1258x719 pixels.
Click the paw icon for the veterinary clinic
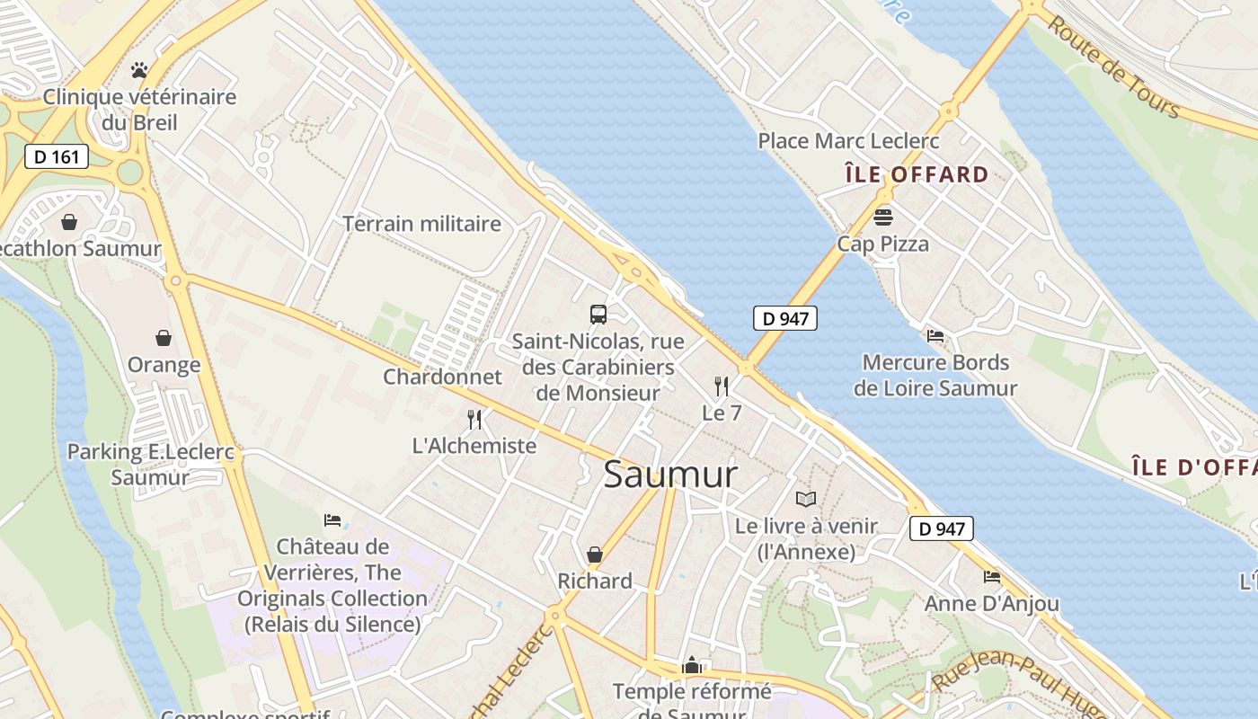coord(138,69)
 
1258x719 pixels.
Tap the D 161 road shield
coord(57,156)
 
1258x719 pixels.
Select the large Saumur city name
coord(670,475)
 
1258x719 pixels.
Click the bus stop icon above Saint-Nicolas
coord(598,314)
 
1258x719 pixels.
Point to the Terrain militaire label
coord(421,224)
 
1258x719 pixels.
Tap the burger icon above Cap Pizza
coord(882,217)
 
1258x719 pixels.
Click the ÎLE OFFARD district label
coord(917,174)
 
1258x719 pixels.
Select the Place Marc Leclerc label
coord(848,141)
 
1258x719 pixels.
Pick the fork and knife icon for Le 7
coord(722,386)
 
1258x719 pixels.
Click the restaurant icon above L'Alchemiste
coord(474,419)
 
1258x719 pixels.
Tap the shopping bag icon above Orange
coord(164,338)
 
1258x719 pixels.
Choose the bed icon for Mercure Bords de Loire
coord(935,336)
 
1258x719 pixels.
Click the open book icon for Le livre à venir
coord(806,499)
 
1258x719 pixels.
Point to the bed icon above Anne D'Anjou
coord(992,576)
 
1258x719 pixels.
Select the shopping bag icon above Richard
coord(595,555)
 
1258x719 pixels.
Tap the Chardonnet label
coord(442,377)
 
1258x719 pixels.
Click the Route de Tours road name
coord(1112,68)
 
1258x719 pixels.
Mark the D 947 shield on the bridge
coord(784,318)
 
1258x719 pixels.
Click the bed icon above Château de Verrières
coord(332,519)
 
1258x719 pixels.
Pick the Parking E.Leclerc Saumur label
coord(151,464)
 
